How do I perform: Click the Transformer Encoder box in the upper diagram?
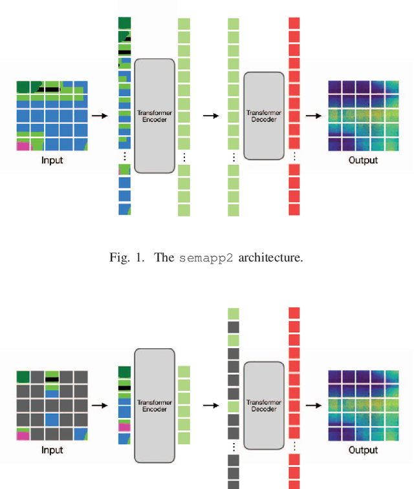point(155,116)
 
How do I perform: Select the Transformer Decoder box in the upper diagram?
point(264,116)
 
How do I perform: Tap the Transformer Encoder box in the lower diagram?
point(155,405)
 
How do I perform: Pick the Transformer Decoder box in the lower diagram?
point(264,405)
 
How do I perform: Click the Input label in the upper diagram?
point(52,160)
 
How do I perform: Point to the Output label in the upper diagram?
point(363,160)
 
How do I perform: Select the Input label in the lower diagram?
point(52,450)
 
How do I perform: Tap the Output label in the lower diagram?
point(363,450)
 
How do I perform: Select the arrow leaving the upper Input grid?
point(100,116)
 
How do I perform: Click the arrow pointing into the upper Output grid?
point(314,116)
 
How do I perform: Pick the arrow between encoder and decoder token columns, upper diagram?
point(211,116)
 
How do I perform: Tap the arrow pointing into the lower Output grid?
point(314,406)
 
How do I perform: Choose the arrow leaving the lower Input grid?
point(100,406)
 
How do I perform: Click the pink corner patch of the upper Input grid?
point(22,145)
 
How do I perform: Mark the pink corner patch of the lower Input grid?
point(22,435)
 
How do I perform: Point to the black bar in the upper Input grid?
point(49,89)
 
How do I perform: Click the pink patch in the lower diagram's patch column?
point(124,427)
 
